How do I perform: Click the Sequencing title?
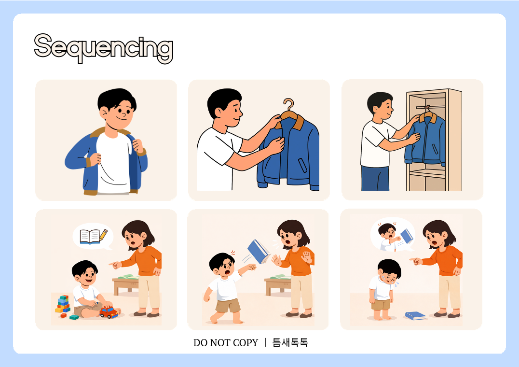pyautogui.click(x=104, y=48)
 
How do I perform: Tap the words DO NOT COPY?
pyautogui.click(x=225, y=342)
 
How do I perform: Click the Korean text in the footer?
pyautogui.click(x=290, y=342)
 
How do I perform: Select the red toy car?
pyautogui.click(x=109, y=312)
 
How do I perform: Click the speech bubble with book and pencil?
pyautogui.click(x=93, y=237)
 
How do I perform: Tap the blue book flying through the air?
pyautogui.click(x=259, y=252)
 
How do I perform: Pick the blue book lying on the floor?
pyautogui.click(x=416, y=316)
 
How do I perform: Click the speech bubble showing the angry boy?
pyautogui.click(x=393, y=235)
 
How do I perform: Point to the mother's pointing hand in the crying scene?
pyautogui.click(x=416, y=261)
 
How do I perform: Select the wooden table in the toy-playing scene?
pyautogui.click(x=125, y=284)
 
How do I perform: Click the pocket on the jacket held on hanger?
pyautogui.click(x=302, y=165)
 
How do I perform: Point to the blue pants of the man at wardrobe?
pyautogui.click(x=375, y=179)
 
